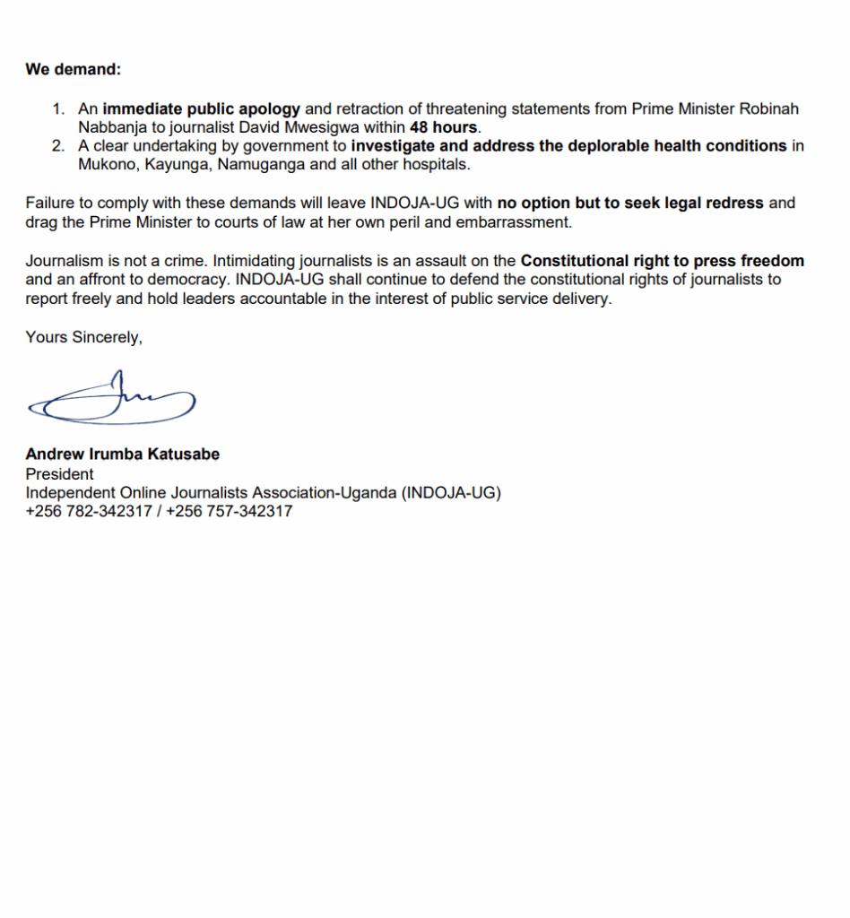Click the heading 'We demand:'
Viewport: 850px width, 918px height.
tap(73, 69)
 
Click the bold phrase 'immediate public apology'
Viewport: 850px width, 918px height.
tap(201, 109)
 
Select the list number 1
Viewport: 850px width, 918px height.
tap(58, 109)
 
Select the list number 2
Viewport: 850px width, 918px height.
tap(58, 146)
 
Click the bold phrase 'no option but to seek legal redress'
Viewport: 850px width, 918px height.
tap(630, 203)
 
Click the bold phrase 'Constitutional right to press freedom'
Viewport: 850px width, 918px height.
tap(663, 261)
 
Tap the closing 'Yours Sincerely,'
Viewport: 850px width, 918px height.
tap(83, 337)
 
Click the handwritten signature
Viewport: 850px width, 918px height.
tap(111, 399)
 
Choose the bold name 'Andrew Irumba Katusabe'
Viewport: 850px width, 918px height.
tap(122, 455)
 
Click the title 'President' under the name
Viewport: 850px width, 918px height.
tap(59, 474)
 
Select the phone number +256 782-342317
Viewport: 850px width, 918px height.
tap(88, 512)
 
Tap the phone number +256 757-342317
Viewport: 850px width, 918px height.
tap(229, 512)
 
